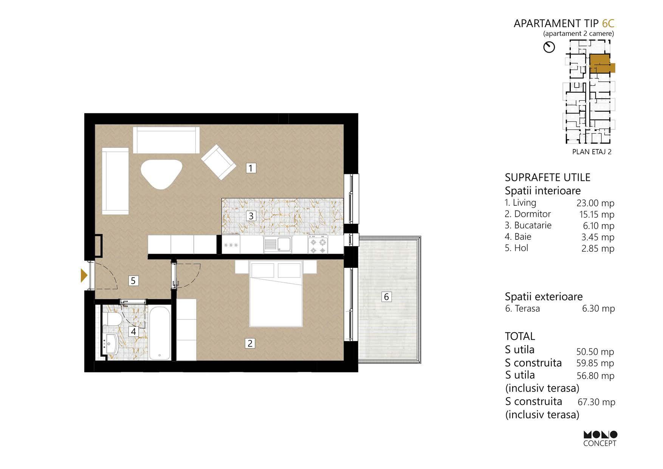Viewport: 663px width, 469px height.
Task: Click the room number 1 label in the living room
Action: coord(251,168)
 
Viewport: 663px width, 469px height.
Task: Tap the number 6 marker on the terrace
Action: coord(386,297)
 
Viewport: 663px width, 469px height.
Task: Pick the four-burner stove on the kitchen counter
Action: coord(318,245)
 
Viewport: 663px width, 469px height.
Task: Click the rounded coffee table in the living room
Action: coord(162,174)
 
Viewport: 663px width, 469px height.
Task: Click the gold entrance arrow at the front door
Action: coord(84,275)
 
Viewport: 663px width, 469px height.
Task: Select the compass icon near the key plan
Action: coord(549,47)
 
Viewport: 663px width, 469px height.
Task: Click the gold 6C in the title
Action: coord(608,23)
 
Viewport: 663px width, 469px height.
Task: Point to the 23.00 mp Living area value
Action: coord(595,203)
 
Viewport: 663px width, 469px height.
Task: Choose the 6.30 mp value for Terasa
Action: coord(598,309)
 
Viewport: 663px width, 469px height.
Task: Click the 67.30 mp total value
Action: coord(596,402)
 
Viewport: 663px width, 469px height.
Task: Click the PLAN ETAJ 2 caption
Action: coord(592,152)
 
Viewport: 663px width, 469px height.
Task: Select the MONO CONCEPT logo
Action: coord(600,439)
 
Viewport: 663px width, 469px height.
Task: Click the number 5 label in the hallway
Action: coord(133,281)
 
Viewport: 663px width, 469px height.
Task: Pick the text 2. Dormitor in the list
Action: coord(528,214)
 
